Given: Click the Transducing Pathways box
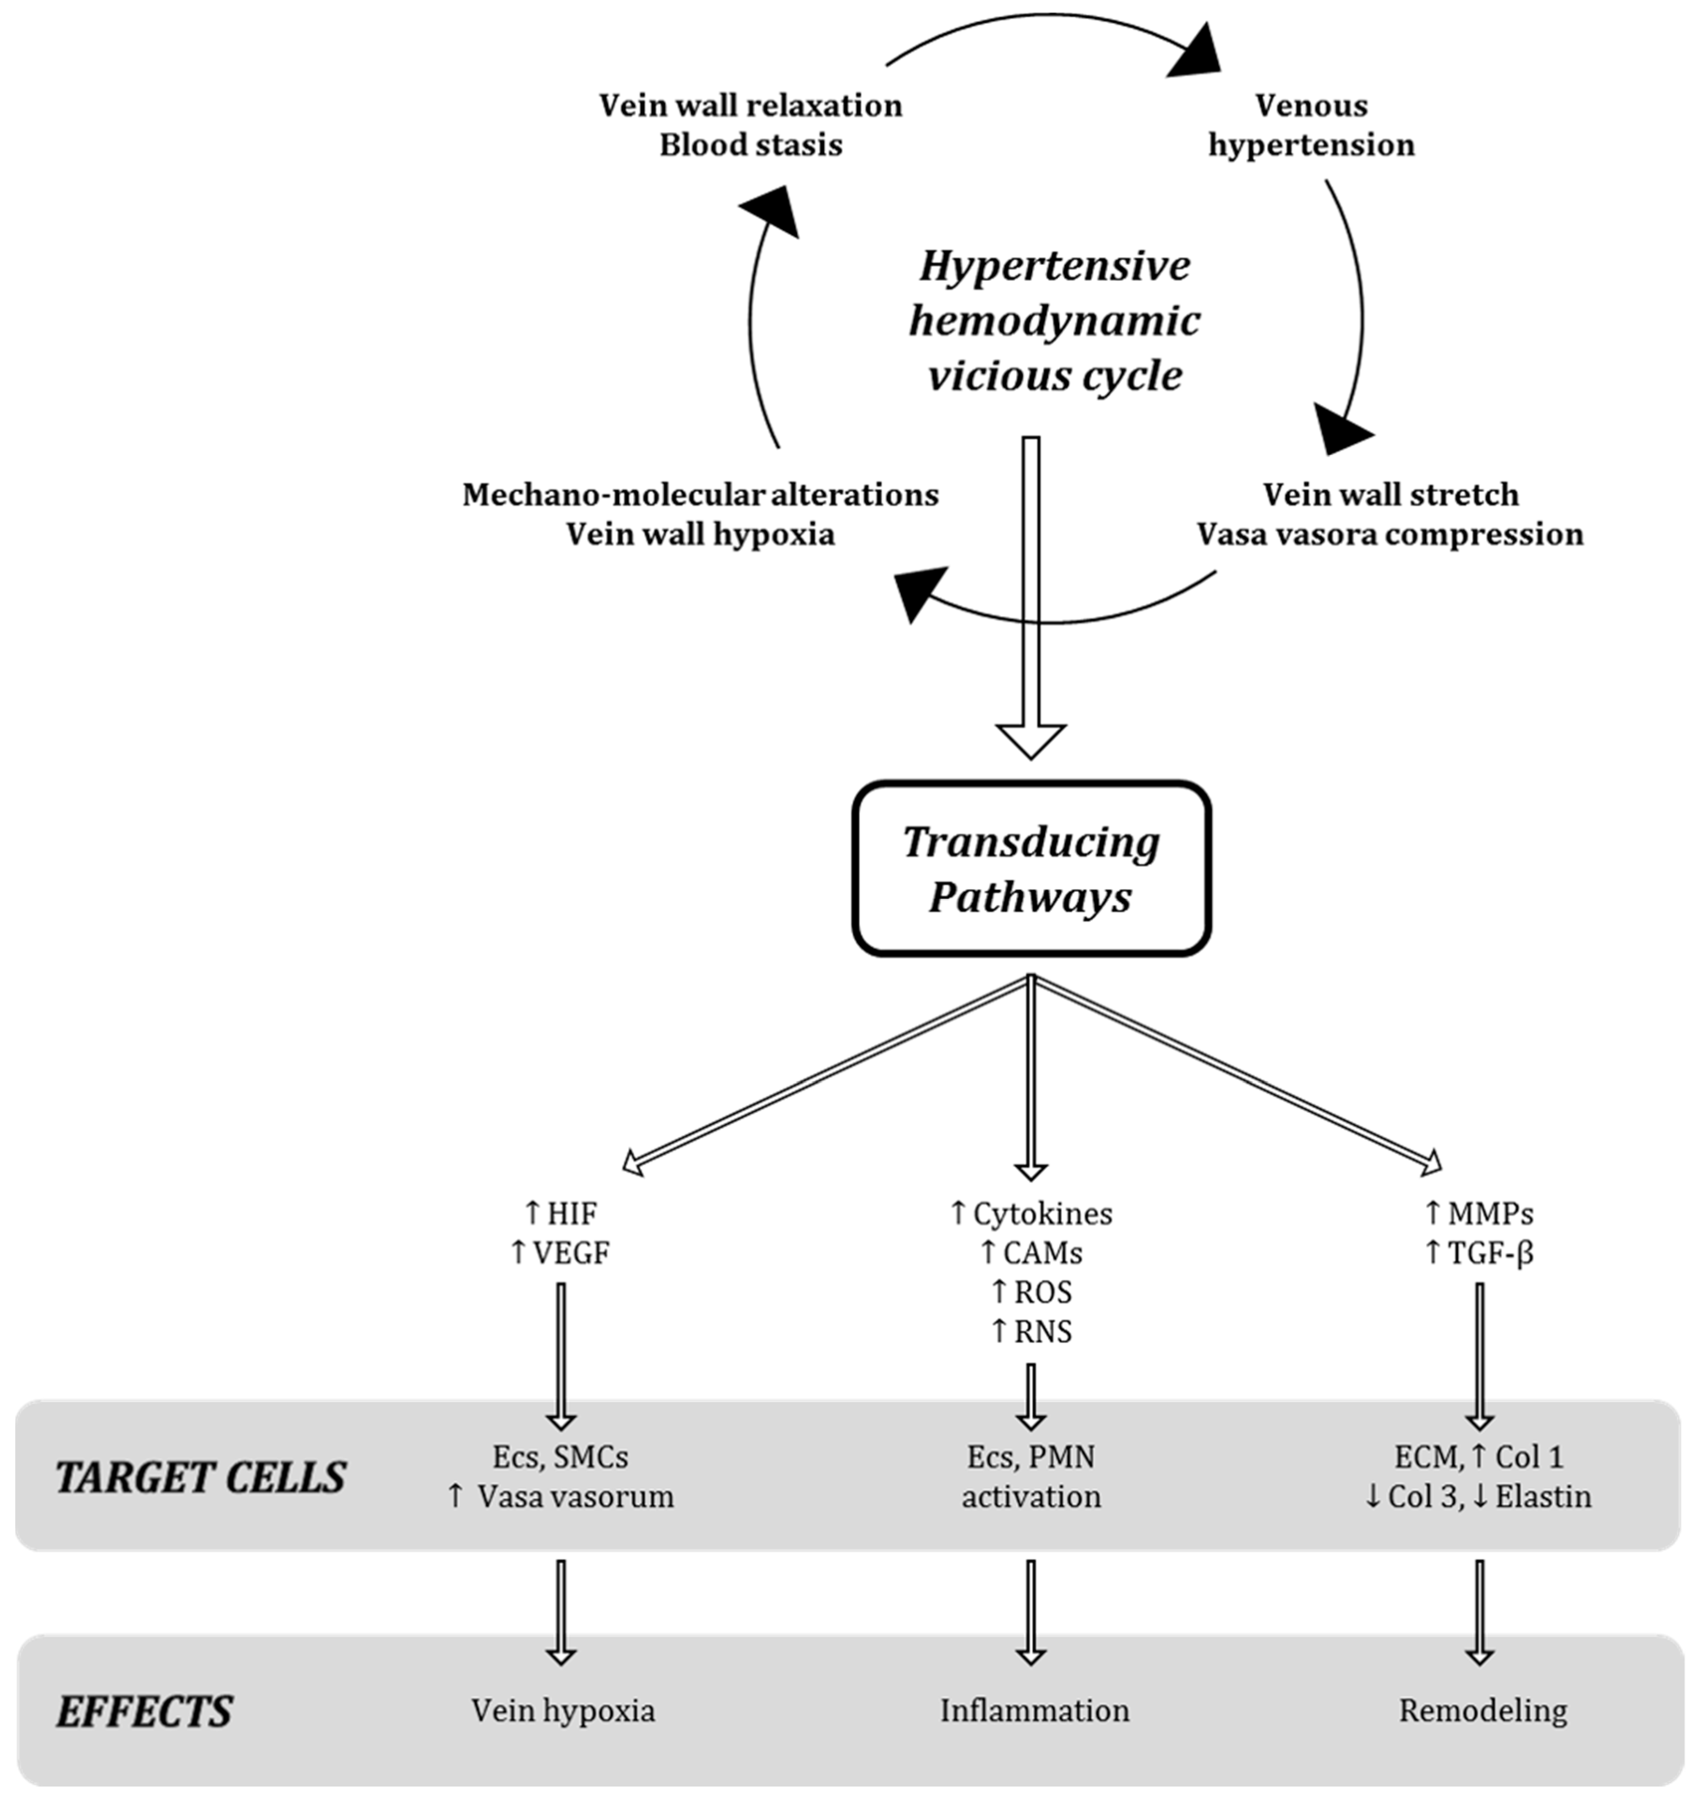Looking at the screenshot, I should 1031,868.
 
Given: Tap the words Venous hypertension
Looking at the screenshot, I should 1311,125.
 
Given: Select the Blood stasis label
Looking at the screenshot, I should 751,145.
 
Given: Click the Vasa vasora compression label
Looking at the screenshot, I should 1390,535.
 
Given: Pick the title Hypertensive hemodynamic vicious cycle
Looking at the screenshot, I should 1054,321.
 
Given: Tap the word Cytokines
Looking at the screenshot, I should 1043,1213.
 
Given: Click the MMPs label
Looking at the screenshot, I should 1491,1213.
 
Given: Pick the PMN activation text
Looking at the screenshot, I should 1031,1478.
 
